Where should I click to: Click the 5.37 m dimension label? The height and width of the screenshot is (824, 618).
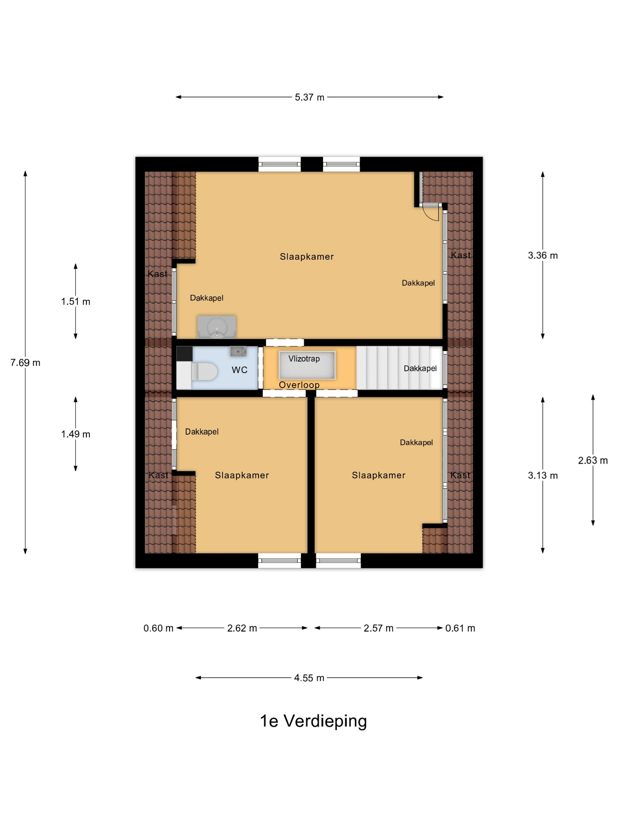coord(309,97)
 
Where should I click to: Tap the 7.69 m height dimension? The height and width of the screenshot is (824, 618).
coord(25,363)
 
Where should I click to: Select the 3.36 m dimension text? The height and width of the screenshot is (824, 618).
coord(542,255)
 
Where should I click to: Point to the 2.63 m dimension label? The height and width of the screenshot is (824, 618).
coord(593,461)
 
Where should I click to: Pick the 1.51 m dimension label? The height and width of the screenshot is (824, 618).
coord(76,301)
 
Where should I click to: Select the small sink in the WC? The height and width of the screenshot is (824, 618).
coord(238,351)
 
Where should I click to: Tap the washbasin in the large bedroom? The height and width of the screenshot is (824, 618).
coord(217,327)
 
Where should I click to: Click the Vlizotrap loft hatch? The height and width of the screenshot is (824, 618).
coord(307,365)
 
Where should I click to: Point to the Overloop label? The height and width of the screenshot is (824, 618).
coord(299,385)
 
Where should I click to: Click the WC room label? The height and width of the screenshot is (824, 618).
coord(240,370)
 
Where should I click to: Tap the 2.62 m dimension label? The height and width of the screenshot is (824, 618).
coord(242,628)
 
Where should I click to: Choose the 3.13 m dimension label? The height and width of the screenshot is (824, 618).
coord(542,475)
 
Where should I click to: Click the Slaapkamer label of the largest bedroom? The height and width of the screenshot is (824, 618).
coord(307,256)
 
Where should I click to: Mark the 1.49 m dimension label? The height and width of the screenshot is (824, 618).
coord(76,434)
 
